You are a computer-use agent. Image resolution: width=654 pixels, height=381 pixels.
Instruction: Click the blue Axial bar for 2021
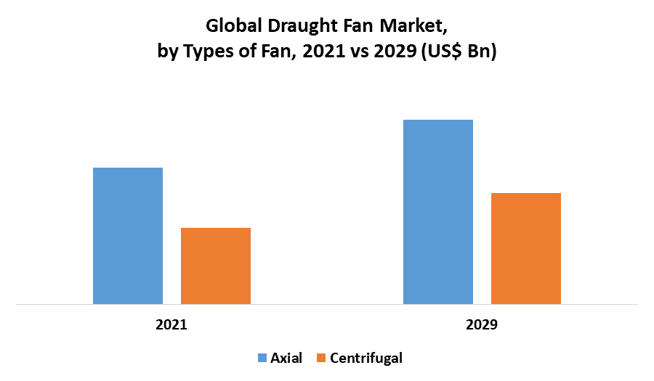(x=128, y=236)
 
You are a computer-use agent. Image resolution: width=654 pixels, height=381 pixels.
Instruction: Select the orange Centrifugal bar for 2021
(x=216, y=266)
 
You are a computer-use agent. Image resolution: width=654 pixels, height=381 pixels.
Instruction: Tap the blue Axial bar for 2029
(x=438, y=212)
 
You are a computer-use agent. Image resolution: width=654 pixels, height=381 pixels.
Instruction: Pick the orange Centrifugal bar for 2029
(x=526, y=248)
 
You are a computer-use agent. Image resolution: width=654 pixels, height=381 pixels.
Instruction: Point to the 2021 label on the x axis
(x=171, y=325)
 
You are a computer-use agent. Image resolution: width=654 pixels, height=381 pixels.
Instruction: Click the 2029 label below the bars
(x=482, y=325)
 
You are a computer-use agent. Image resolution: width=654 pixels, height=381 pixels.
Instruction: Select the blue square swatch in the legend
(x=262, y=358)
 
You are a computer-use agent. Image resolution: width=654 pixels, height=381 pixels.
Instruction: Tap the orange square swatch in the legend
(x=322, y=358)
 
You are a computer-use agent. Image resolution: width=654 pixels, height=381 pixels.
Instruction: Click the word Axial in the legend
(x=286, y=358)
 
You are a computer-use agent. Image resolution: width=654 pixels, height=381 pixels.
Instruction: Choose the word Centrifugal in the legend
(x=366, y=358)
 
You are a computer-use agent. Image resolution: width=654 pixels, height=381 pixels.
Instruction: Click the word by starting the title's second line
(x=167, y=53)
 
